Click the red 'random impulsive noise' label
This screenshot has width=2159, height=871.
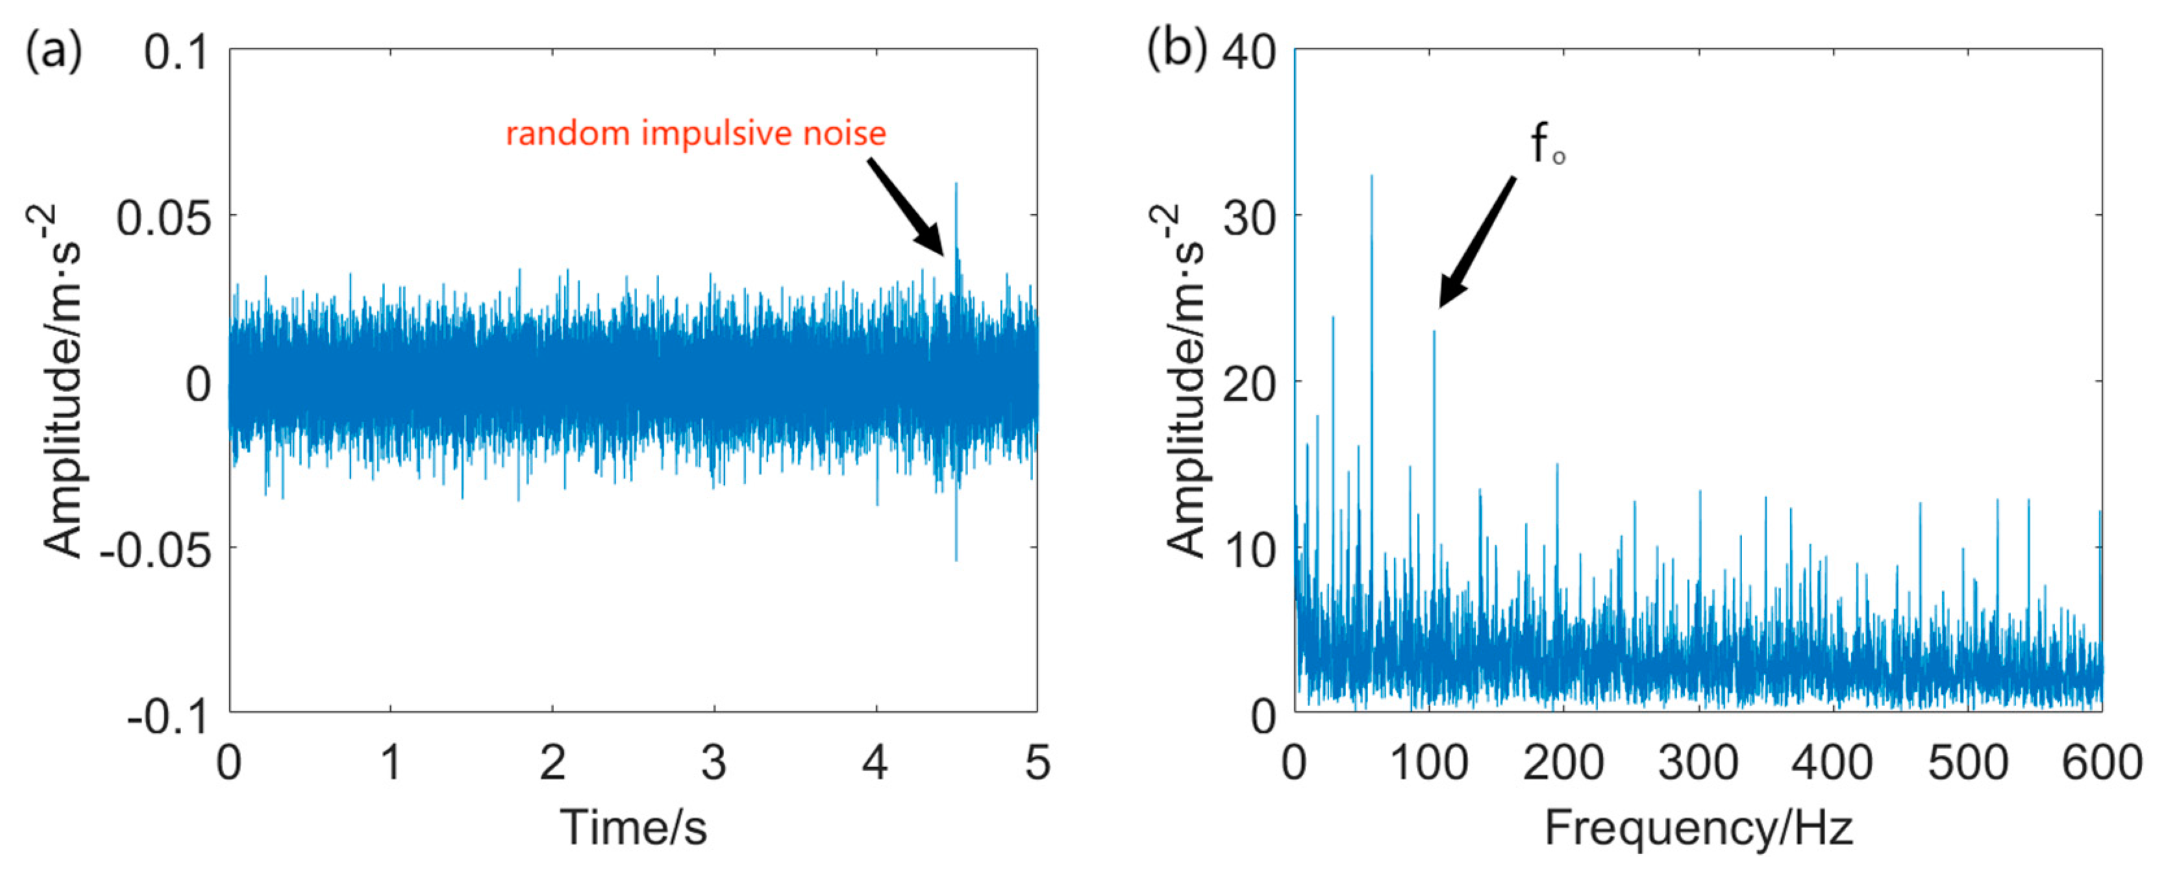[695, 134]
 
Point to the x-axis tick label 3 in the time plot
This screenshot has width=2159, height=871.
[713, 764]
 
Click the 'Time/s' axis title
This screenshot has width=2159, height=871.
[633, 828]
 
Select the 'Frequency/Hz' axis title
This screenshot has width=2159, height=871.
[1698, 828]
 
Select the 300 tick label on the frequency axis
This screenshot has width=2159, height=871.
[1698, 764]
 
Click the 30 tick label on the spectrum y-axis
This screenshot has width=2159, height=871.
[1248, 219]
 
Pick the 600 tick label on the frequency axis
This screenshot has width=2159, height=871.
[2101, 764]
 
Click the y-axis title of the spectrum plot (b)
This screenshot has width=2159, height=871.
[1184, 381]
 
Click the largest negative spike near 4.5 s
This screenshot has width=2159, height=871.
[955, 559]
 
